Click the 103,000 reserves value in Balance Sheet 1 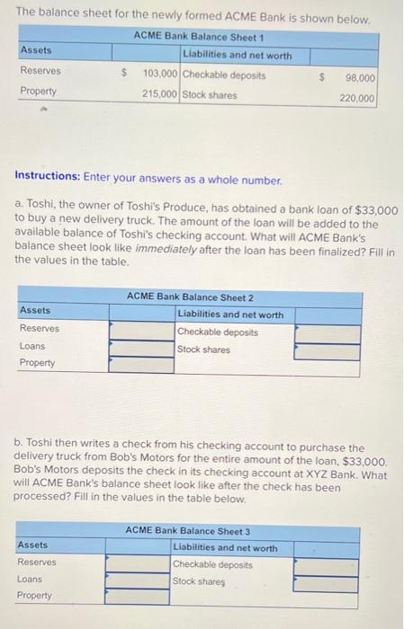pyautogui.click(x=161, y=72)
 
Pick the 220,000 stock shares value pyautogui.click(x=356, y=99)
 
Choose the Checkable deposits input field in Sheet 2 pyautogui.click(x=332, y=333)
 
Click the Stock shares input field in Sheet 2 pyautogui.click(x=332, y=350)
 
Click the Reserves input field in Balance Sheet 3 pyautogui.click(x=138, y=564)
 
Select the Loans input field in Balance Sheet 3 pyautogui.click(x=138, y=580)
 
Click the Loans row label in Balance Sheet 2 pyautogui.click(x=31, y=346)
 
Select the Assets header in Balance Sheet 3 pyautogui.click(x=32, y=545)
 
